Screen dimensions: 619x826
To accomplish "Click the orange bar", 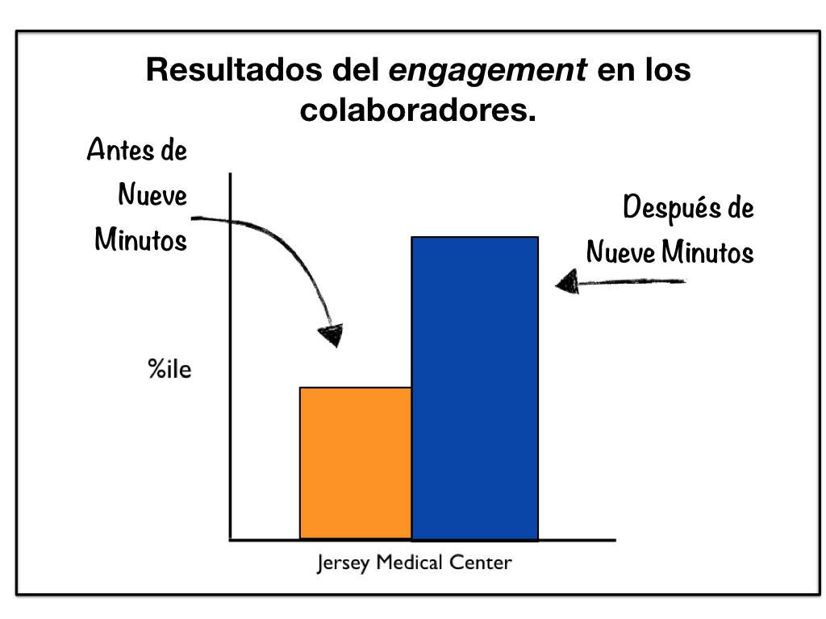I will (355, 463).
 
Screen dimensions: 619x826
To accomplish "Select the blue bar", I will (474, 388).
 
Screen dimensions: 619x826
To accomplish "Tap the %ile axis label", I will (169, 372).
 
